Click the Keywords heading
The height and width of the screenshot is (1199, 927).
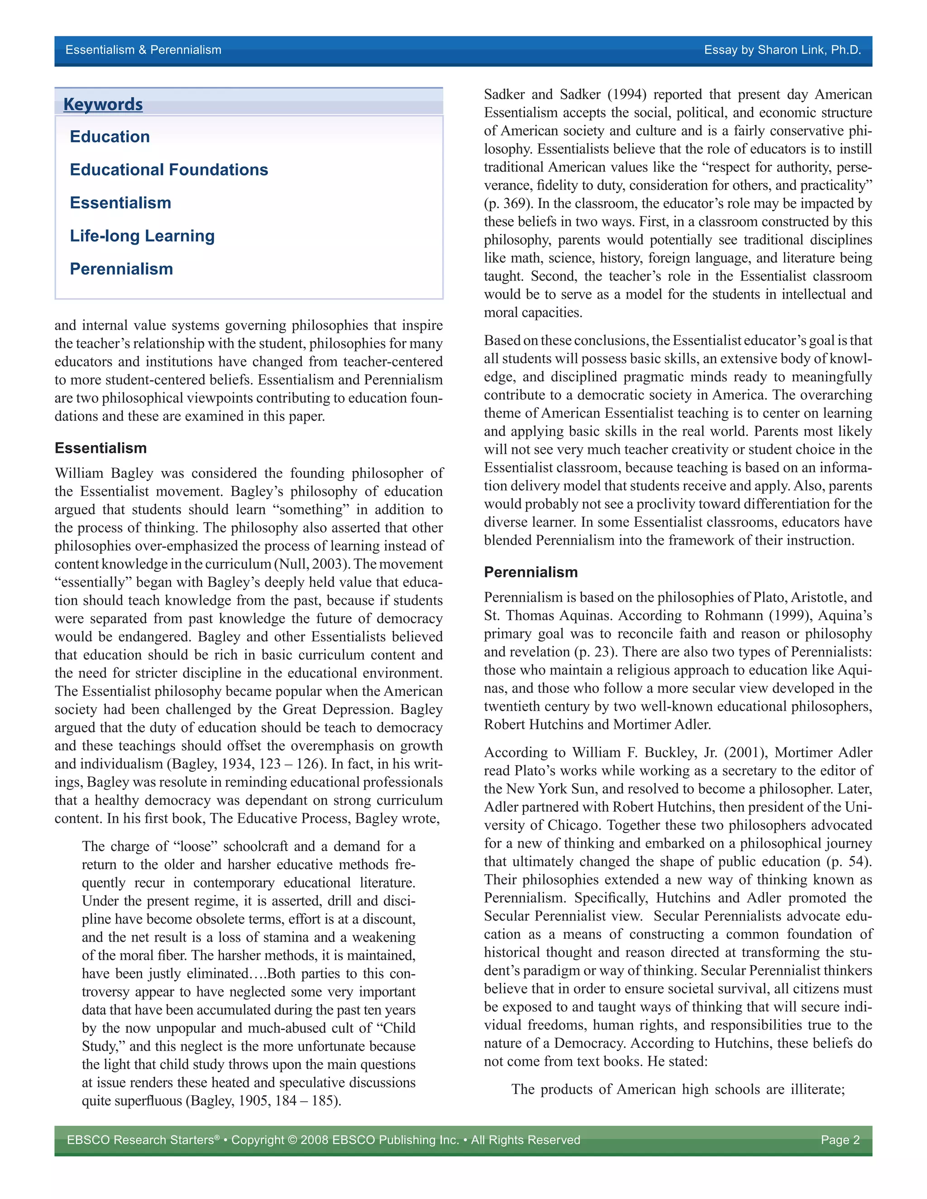pyautogui.click(x=103, y=105)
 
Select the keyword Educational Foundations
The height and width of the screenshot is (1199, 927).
pyautogui.click(x=168, y=170)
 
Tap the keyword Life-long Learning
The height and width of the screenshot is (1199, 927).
pyautogui.click(x=142, y=236)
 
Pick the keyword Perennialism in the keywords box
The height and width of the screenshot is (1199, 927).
pyautogui.click(x=121, y=269)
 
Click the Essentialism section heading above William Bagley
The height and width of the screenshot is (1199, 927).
pyautogui.click(x=100, y=448)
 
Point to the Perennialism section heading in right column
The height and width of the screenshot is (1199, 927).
pyautogui.click(x=530, y=572)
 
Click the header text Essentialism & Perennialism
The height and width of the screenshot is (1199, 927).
pyautogui.click(x=143, y=50)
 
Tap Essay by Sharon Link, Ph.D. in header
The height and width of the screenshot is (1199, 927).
pyautogui.click(x=782, y=50)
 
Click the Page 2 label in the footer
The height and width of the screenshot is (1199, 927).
pyautogui.click(x=840, y=1140)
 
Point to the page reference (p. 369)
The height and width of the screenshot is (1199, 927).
pyautogui.click(x=508, y=203)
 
